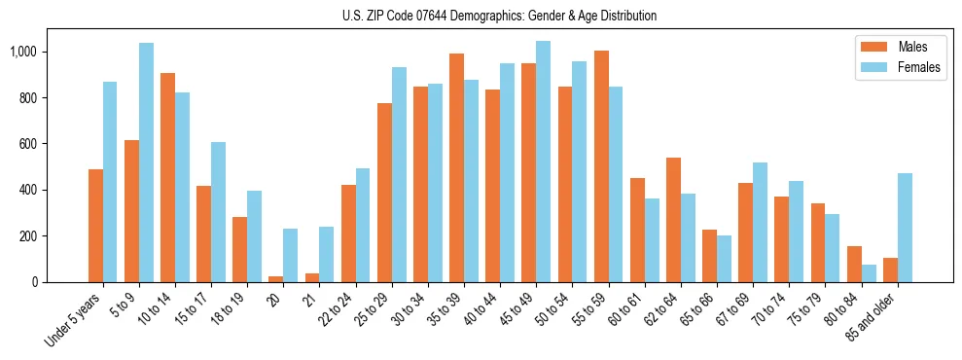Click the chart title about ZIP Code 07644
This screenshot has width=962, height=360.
[499, 16]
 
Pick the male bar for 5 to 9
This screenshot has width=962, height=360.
[131, 211]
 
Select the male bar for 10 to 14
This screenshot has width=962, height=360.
[167, 178]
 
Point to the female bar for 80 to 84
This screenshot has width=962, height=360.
[868, 273]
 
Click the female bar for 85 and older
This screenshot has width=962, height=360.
[904, 228]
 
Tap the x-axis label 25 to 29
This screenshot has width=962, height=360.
[385, 307]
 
